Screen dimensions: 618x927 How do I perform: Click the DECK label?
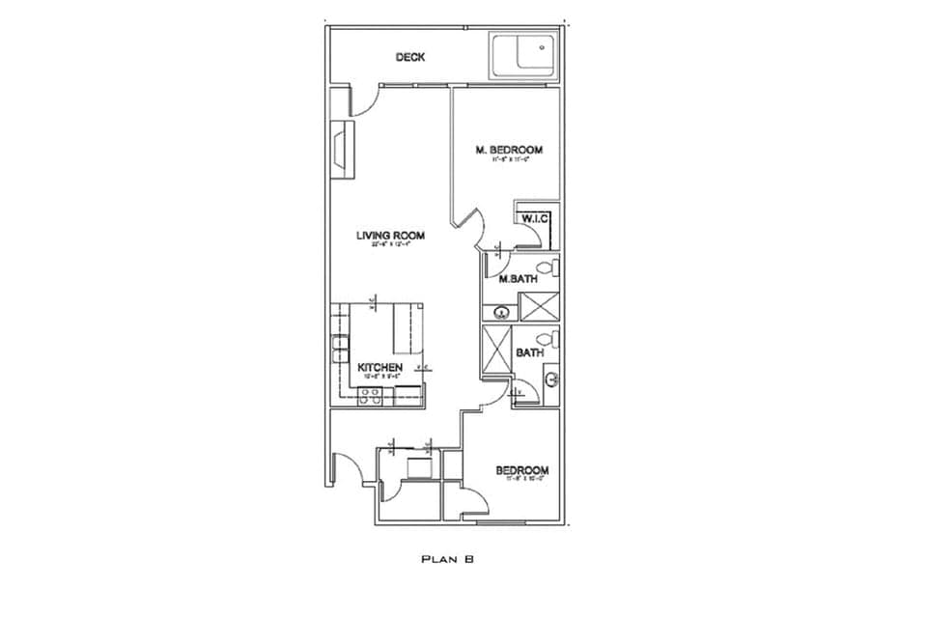click(410, 58)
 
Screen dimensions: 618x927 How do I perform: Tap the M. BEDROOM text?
click(509, 150)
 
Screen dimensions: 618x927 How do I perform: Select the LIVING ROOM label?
click(390, 236)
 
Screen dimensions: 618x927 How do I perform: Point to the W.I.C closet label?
click(535, 219)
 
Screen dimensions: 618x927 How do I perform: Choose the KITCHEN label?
click(380, 368)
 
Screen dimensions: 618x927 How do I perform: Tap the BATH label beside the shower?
click(529, 353)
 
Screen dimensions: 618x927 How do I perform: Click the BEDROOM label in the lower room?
click(522, 471)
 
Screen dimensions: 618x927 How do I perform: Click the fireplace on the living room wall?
click(339, 150)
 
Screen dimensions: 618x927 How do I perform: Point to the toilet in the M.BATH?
click(546, 267)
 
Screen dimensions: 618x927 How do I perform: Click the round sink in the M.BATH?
click(501, 311)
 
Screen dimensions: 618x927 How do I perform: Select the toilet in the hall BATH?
click(548, 339)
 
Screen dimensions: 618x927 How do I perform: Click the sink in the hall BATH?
click(551, 379)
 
